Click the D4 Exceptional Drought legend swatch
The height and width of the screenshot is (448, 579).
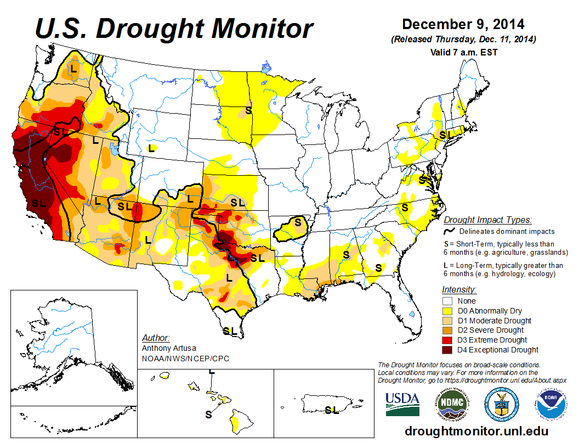447,350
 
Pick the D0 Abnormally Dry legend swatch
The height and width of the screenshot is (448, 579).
447,311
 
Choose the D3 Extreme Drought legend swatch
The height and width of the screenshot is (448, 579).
447,340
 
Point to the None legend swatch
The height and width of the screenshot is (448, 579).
447,301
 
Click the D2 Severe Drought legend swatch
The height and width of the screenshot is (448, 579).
447,330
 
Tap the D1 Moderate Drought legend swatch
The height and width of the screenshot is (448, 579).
447,321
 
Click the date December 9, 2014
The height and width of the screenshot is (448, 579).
463,25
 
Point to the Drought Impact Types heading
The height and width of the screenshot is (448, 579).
487,220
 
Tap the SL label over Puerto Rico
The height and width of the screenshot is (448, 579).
331,410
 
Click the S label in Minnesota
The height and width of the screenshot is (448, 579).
248,110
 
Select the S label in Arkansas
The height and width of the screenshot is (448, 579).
298,222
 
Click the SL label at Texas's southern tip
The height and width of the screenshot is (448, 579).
230,331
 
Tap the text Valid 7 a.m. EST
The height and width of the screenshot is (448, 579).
463,52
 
